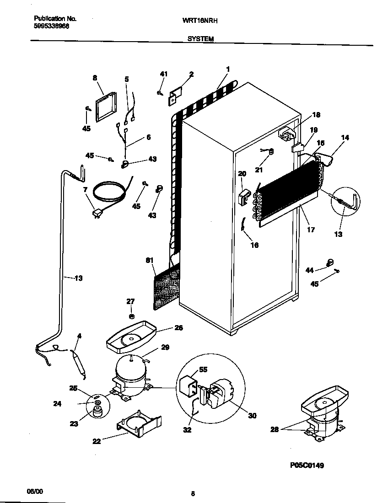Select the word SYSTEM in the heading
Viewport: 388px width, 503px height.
[200, 40]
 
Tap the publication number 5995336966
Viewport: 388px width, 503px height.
[52, 27]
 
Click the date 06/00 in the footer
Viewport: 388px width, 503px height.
[34, 491]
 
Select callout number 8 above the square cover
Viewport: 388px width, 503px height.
[95, 78]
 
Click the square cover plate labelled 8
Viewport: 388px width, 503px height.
[105, 108]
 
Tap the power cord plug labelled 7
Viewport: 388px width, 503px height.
[97, 213]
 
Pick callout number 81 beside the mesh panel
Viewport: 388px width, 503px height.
[149, 260]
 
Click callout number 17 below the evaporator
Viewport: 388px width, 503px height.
[311, 230]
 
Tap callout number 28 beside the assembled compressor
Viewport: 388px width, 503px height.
[274, 429]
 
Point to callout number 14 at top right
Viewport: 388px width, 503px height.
[345, 137]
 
